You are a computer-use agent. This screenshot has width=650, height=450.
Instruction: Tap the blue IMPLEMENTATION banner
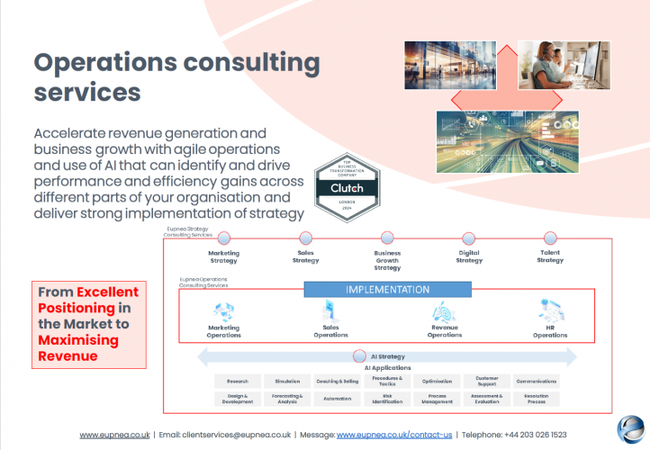[388, 290]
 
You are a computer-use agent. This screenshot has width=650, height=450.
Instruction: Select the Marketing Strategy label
[223, 256]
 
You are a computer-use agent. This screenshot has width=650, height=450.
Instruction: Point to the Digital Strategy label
[469, 256]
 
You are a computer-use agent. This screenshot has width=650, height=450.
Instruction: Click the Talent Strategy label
[550, 256]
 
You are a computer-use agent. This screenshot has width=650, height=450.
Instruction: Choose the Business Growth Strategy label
[387, 260]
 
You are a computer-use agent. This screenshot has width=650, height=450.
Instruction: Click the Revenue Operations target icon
[445, 311]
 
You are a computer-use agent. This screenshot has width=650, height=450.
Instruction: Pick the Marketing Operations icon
[224, 312]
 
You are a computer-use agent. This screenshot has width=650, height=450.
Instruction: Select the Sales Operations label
[330, 331]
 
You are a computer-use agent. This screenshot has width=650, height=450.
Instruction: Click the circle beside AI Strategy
[358, 356]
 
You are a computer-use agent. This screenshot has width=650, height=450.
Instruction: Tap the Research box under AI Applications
[238, 382]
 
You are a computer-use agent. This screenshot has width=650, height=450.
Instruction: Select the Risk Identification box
[386, 399]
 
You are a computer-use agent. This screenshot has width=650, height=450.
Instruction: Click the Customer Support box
[486, 382]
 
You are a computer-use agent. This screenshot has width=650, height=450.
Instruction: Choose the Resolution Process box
[536, 399]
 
